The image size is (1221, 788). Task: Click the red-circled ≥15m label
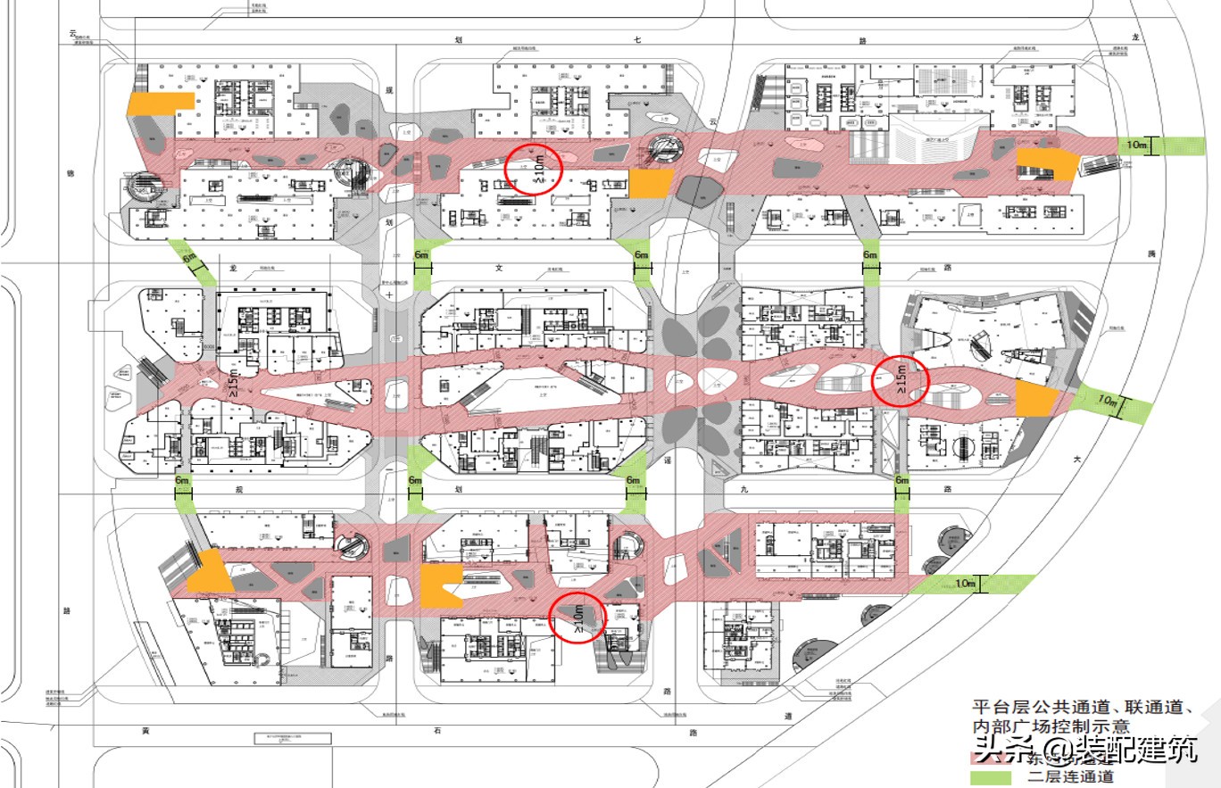coord(901,380)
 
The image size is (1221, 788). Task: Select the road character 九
coord(743,489)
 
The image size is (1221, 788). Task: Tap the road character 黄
coord(143,731)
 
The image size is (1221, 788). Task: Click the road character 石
coord(437,731)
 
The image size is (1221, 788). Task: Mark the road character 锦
coord(69,173)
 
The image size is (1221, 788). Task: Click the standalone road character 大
coord(1076,459)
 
